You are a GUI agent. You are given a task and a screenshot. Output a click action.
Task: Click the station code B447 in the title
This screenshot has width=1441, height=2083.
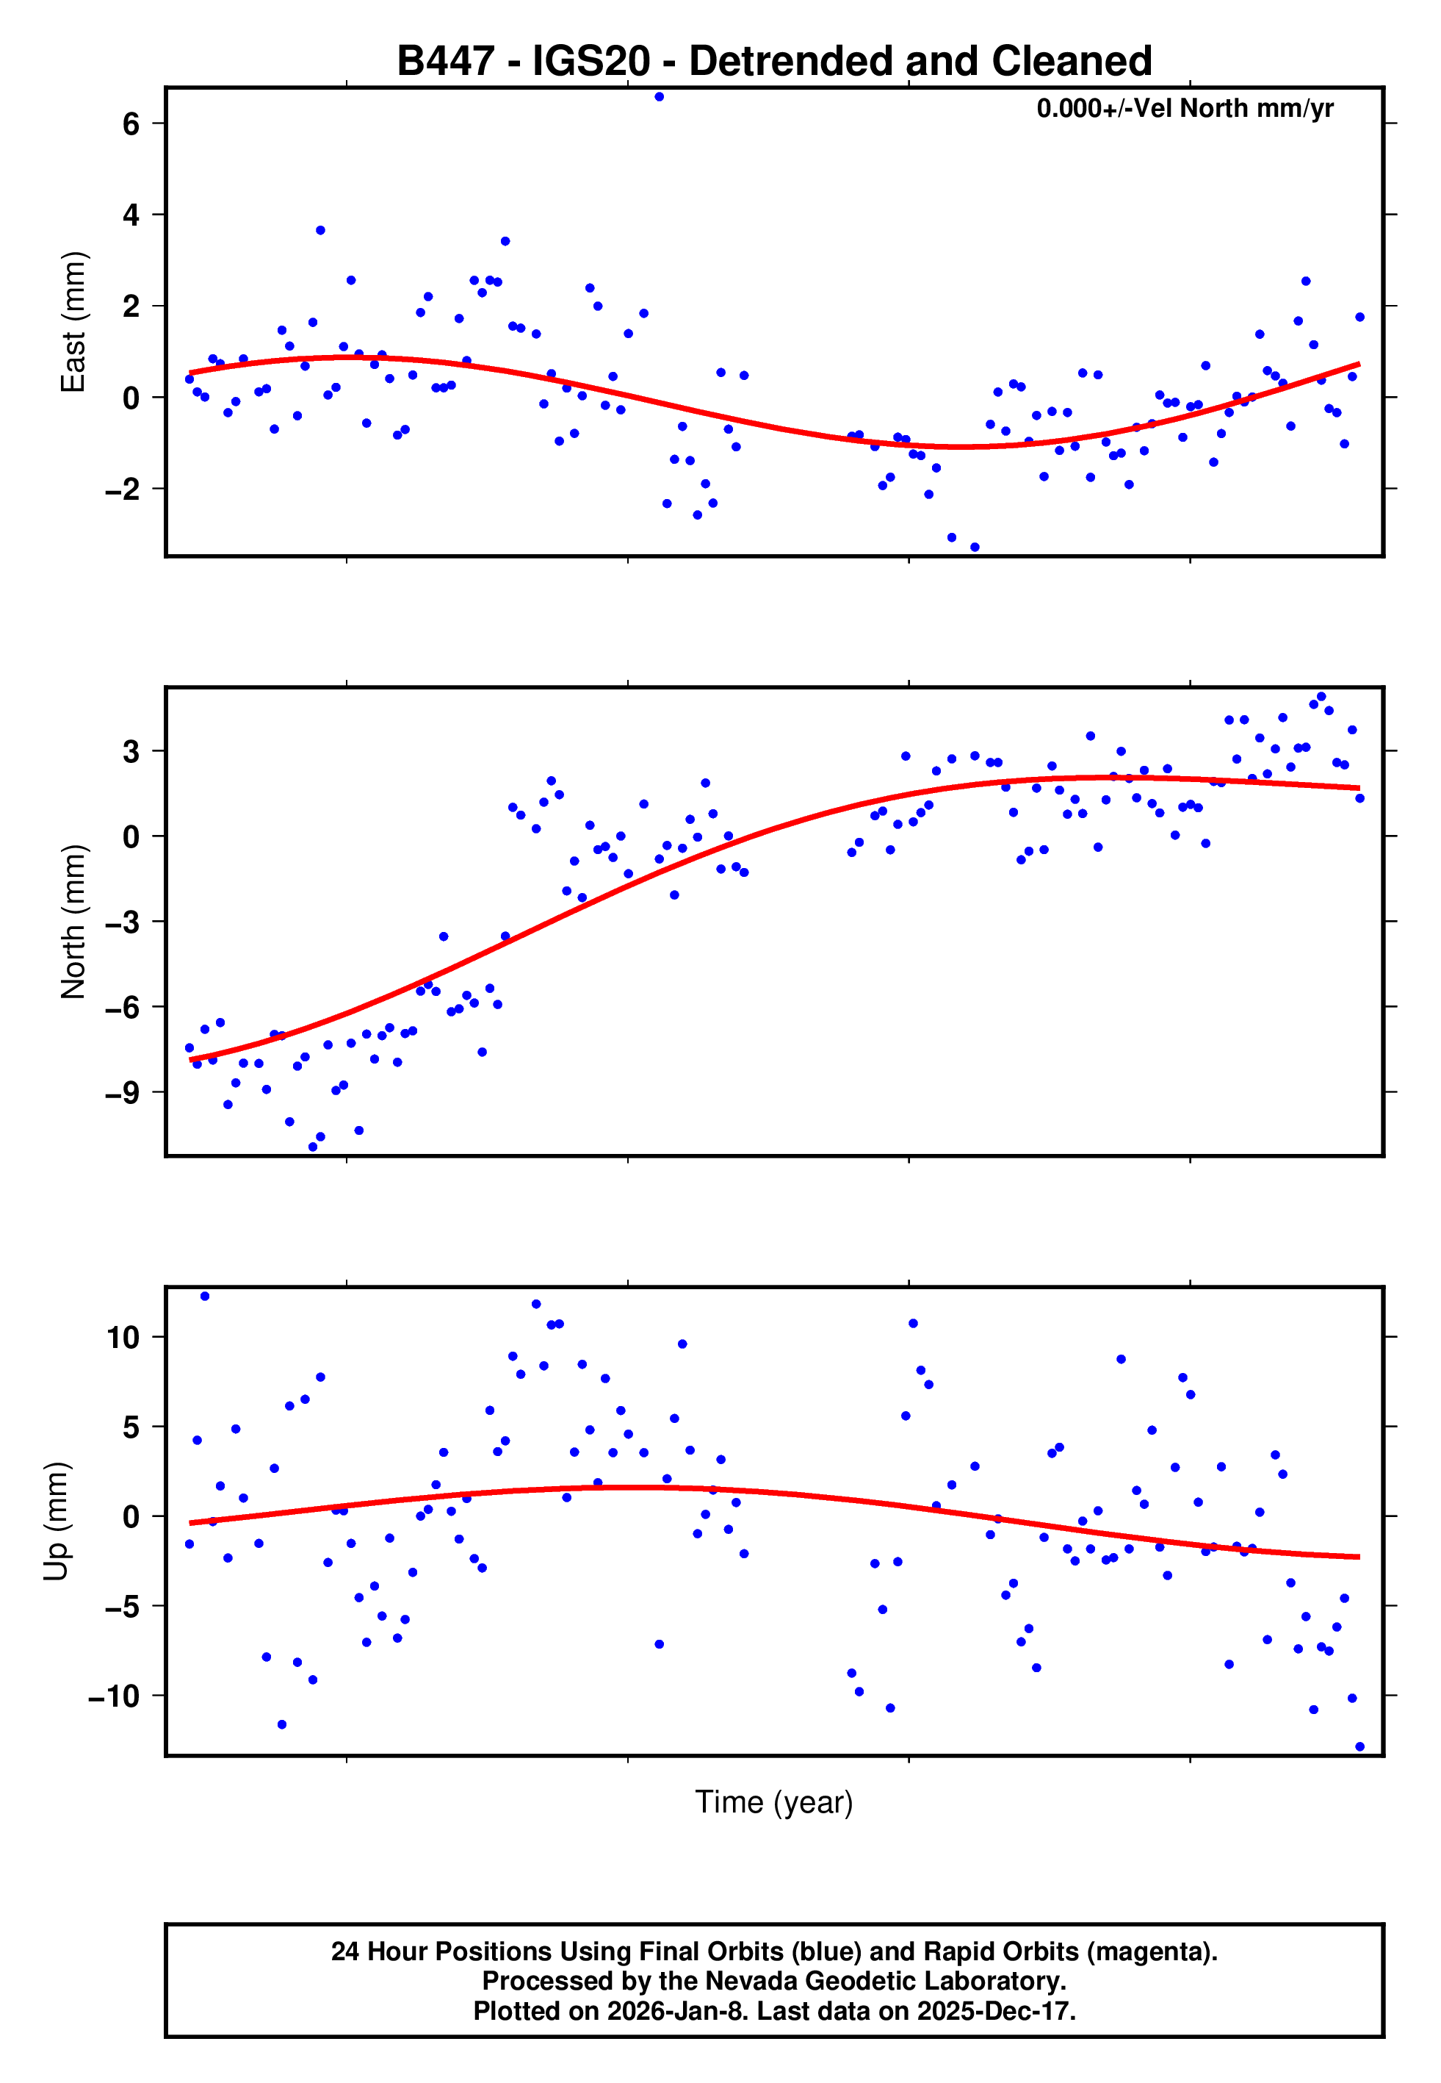coord(446,62)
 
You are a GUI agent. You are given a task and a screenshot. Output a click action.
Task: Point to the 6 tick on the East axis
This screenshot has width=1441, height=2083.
coord(131,123)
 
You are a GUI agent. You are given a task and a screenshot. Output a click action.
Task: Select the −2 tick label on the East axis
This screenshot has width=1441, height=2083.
coord(122,490)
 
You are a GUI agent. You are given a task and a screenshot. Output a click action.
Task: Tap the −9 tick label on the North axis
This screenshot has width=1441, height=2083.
coord(122,1093)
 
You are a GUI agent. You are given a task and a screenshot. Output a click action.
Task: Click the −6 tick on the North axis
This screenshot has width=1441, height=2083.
coord(122,1007)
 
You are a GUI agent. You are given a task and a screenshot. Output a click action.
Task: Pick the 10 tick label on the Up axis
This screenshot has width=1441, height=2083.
coord(123,1337)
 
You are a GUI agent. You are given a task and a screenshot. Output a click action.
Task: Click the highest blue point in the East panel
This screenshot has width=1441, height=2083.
coord(659,96)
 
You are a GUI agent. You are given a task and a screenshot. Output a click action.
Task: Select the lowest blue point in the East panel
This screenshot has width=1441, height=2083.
coord(974,548)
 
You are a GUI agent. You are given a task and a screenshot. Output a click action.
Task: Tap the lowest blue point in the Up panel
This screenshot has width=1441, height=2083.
coord(1359,1747)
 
